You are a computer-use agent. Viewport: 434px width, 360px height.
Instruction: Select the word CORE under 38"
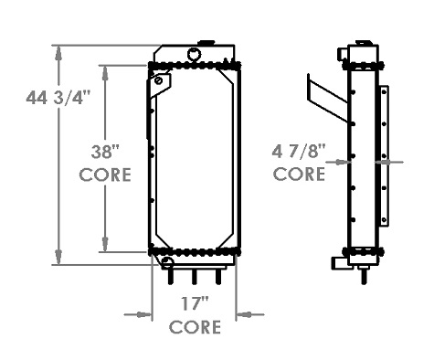[104, 174]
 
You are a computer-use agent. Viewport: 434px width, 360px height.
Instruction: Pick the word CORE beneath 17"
[195, 326]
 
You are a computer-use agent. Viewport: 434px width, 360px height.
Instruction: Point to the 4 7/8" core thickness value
[299, 148]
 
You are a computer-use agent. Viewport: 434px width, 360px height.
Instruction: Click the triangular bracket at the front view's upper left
[161, 85]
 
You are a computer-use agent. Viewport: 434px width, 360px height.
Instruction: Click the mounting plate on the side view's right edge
[385, 156]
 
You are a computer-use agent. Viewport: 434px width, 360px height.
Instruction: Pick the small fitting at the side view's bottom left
[338, 263]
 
